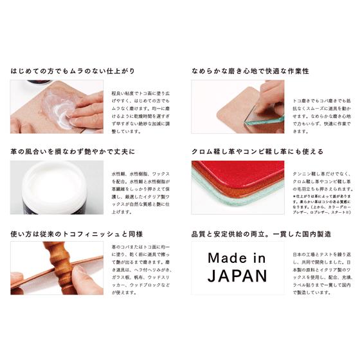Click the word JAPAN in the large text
point(237,276)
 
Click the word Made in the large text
point(237,258)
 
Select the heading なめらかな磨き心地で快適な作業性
point(250,71)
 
